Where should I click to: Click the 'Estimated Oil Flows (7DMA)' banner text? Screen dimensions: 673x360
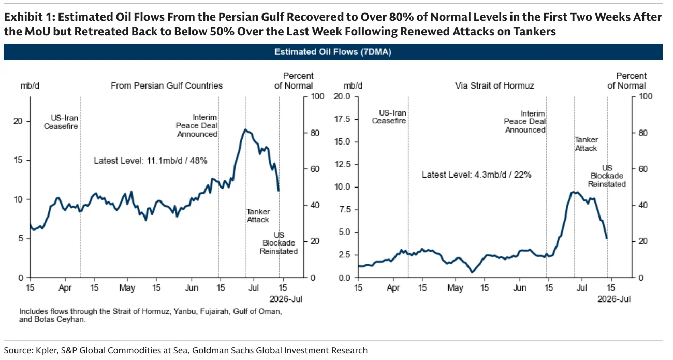click(x=332, y=52)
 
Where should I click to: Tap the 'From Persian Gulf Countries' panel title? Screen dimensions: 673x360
click(x=167, y=86)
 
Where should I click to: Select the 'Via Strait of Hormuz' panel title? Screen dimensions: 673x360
click(x=494, y=86)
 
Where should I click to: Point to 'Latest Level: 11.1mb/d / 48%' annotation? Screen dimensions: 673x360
click(x=151, y=161)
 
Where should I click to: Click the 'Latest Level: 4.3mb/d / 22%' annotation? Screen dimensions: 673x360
click(x=476, y=175)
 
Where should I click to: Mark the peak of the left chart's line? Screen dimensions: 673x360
click(x=245, y=129)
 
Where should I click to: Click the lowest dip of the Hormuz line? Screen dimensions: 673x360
click(x=472, y=272)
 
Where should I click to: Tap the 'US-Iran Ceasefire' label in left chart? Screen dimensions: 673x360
click(x=61, y=122)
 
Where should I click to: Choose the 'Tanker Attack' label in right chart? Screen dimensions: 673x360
click(x=586, y=144)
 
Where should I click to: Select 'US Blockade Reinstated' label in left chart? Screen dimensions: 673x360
click(x=279, y=243)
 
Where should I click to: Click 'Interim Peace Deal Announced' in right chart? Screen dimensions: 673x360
click(x=525, y=122)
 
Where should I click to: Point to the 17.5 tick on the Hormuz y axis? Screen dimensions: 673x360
click(x=342, y=119)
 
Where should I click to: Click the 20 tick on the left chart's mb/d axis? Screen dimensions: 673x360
click(x=18, y=121)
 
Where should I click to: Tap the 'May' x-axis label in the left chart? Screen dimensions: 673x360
click(x=127, y=288)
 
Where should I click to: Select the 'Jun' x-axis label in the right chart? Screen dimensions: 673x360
click(x=519, y=288)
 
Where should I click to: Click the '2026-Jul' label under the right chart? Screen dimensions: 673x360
click(x=614, y=299)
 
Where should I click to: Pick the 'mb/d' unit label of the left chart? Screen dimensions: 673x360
click(x=30, y=86)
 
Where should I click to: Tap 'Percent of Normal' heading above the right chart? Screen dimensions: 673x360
click(x=627, y=81)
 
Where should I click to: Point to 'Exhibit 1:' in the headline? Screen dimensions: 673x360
click(x=30, y=17)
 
